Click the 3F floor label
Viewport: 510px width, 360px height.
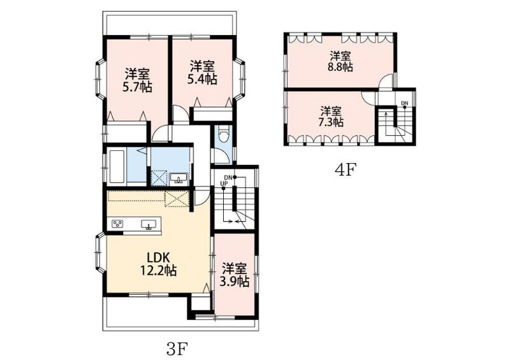(x=177, y=350)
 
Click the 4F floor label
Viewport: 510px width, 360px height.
(x=346, y=170)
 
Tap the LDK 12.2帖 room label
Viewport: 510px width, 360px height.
(x=158, y=264)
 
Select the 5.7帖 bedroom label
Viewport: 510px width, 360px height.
(x=137, y=80)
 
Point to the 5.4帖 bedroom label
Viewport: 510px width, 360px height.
(x=202, y=73)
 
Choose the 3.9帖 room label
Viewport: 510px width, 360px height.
(x=234, y=275)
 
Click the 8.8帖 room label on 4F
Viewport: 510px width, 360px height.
(x=340, y=61)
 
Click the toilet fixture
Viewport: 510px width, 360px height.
(x=223, y=134)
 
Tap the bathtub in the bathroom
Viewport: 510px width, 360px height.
(x=117, y=166)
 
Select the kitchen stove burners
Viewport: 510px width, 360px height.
(x=117, y=224)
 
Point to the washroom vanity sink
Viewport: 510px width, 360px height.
(x=178, y=178)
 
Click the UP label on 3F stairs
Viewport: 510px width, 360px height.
(x=224, y=184)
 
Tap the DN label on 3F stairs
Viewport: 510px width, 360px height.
(x=228, y=178)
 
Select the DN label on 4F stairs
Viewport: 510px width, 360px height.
(x=404, y=103)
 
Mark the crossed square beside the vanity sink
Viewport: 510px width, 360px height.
(x=159, y=178)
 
